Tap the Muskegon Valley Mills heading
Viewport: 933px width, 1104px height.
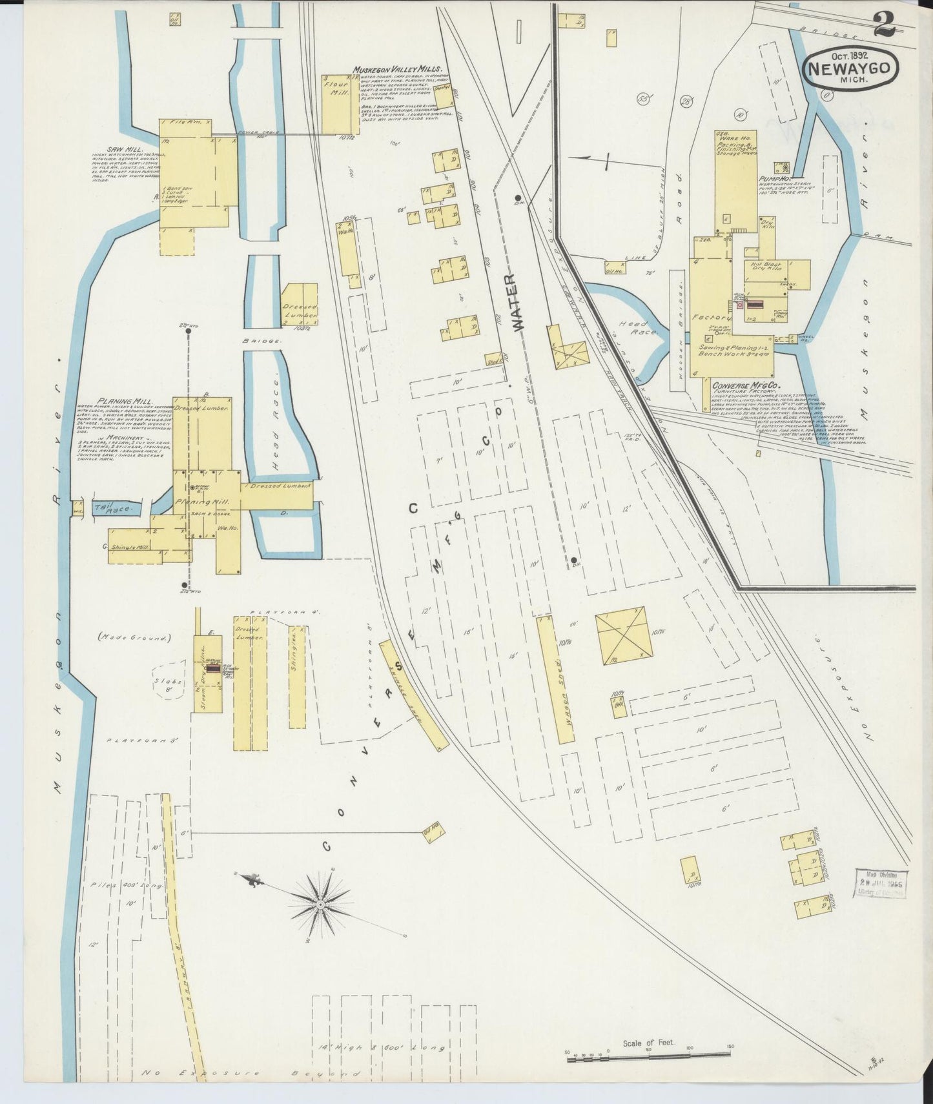point(397,69)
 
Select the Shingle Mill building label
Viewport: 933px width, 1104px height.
point(131,547)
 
